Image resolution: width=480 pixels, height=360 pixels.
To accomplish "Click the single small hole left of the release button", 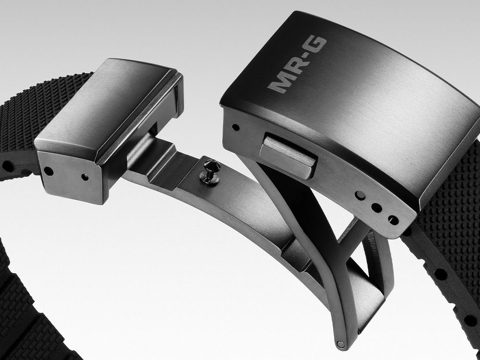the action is pyautogui.click(x=235, y=127).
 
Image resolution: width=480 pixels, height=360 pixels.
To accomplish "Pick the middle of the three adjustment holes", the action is pyautogui.click(x=376, y=208).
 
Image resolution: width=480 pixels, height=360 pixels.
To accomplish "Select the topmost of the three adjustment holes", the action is pyautogui.click(x=360, y=196).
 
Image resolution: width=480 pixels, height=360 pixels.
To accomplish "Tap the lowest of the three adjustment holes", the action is pyautogui.click(x=393, y=220).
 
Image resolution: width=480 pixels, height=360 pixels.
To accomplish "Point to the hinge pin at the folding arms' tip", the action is pyautogui.click(x=340, y=344).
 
